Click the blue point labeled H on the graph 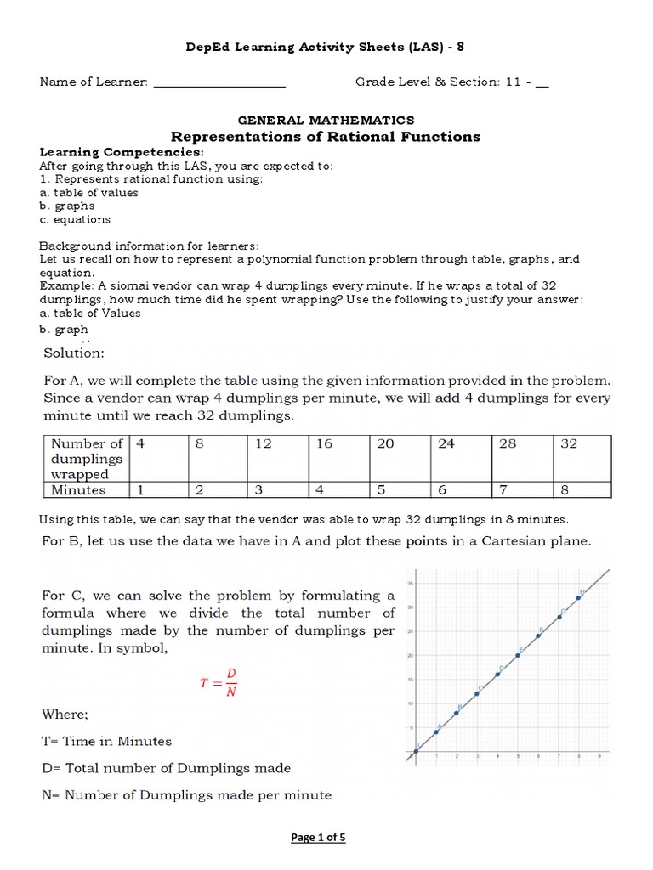(x=579, y=597)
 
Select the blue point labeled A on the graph (x=436, y=732)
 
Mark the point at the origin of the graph (x=416, y=751)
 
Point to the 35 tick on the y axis (x=410, y=584)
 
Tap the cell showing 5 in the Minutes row (x=399, y=489)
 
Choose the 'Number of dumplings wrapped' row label (x=85, y=459)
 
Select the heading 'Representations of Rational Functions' (x=326, y=137)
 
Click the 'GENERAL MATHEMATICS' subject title (x=326, y=121)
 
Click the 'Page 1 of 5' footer (x=318, y=837)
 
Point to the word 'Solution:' (x=73, y=352)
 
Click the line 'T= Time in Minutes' (x=105, y=741)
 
